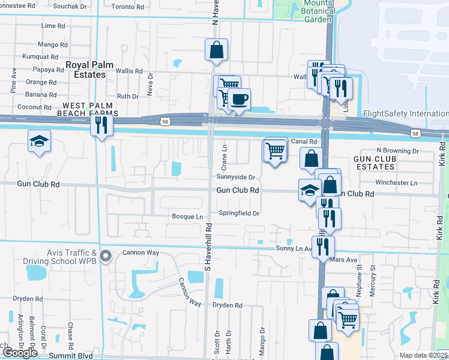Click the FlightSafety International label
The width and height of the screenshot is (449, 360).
pyautogui.click(x=405, y=113)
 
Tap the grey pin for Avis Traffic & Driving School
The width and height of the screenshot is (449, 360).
pyautogui.click(x=106, y=256)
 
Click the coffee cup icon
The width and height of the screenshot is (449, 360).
pyautogui.click(x=239, y=100)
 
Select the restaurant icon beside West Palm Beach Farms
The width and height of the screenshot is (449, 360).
pyautogui.click(x=100, y=126)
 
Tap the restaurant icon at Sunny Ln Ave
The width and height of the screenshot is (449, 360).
pyautogui.click(x=323, y=245)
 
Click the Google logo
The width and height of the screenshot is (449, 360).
pyautogui.click(x=20, y=353)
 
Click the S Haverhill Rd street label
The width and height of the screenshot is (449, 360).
pyautogui.click(x=208, y=246)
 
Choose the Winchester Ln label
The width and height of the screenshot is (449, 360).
pyautogui.click(x=396, y=182)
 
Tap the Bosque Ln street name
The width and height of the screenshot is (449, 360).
pyautogui.click(x=188, y=215)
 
